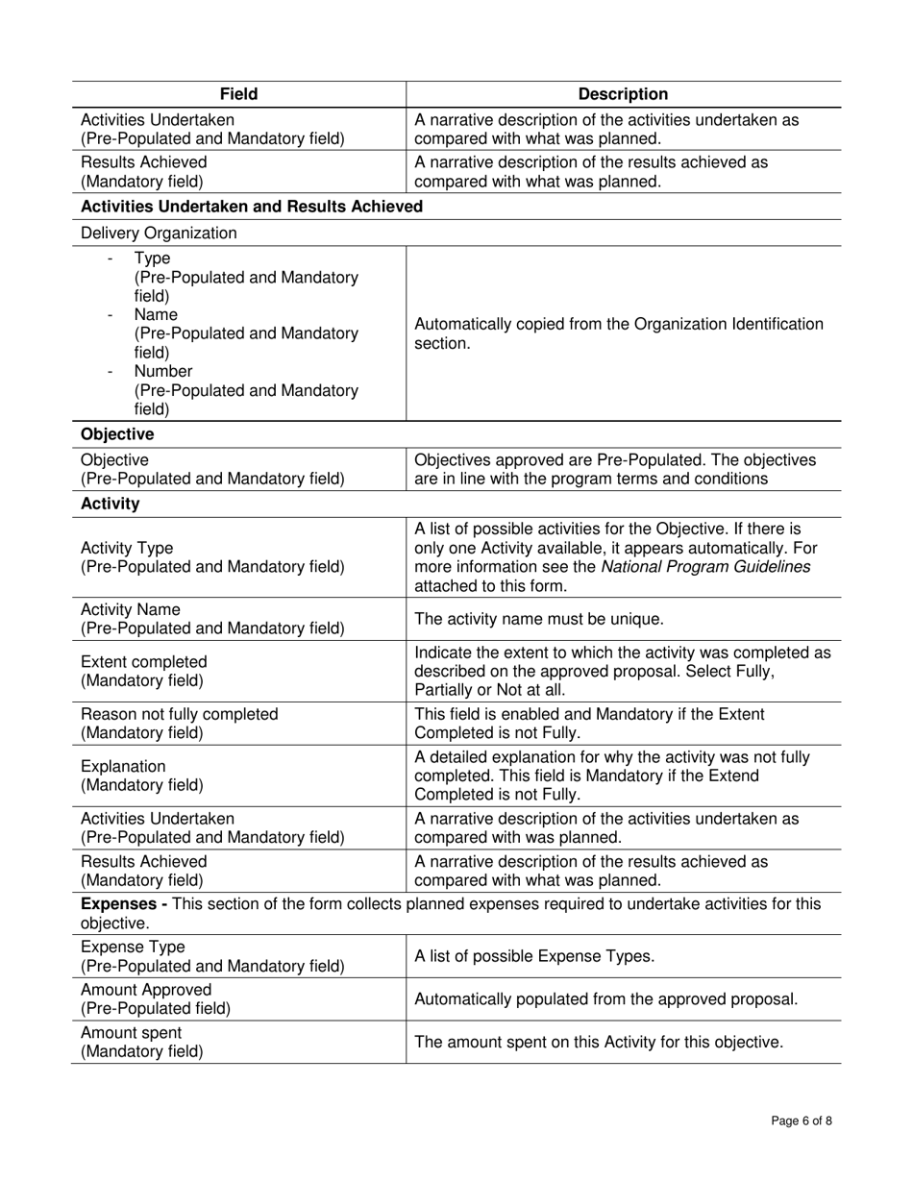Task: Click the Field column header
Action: [x=238, y=94]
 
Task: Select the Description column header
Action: [x=623, y=94]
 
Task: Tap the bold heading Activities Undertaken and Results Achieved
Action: [x=252, y=207]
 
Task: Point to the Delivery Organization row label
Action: [x=159, y=233]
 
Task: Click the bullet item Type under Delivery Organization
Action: [x=152, y=259]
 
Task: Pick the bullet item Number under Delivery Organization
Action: [x=163, y=371]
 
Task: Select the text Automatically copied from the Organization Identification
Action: [x=618, y=324]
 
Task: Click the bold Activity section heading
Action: [x=110, y=504]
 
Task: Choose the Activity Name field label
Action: [x=130, y=610]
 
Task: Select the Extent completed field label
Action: [x=143, y=662]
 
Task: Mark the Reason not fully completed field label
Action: [x=179, y=714]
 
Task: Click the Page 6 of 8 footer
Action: [x=802, y=1120]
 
